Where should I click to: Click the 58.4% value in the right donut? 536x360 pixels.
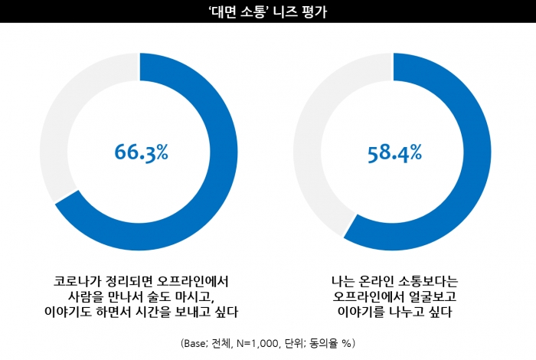point(394,152)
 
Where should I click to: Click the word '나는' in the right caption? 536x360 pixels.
point(336,280)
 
